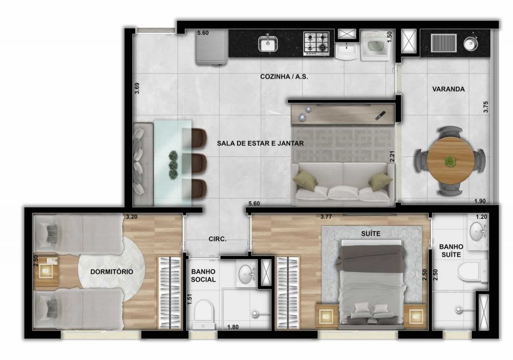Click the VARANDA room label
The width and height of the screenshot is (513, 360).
[448, 89]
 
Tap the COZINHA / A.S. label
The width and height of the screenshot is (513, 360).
[284, 76]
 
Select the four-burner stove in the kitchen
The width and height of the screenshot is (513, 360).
[317, 43]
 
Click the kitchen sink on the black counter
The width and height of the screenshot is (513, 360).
[268, 43]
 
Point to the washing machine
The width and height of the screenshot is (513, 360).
[376, 45]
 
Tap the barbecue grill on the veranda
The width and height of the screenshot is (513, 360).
[444, 43]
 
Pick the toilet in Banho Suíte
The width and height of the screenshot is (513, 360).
[473, 271]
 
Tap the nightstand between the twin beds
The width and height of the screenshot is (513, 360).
[46, 271]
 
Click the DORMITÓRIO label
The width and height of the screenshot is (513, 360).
[111, 272]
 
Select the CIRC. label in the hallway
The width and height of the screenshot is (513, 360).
[218, 239]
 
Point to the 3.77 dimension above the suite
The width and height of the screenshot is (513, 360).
[326, 216]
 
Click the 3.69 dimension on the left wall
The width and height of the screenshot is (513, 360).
[137, 88]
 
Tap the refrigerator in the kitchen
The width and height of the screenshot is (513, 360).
[212, 47]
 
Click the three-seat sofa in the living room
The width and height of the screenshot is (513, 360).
[343, 184]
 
